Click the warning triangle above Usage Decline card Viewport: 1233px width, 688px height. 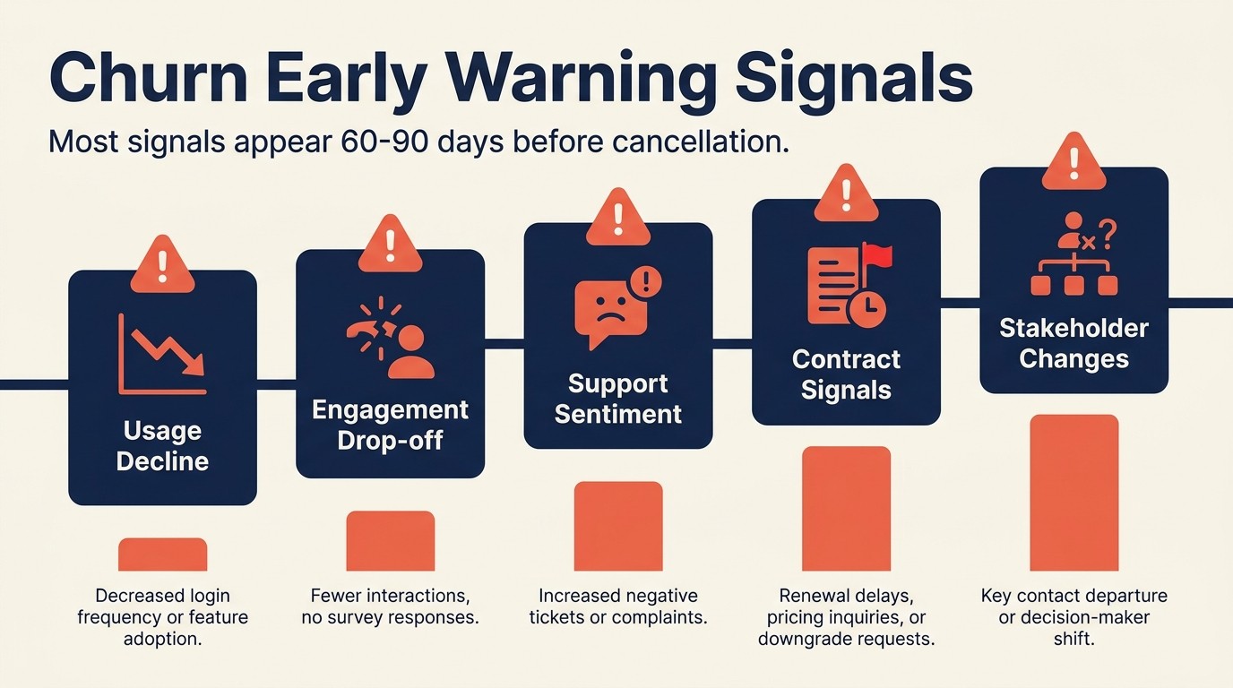[x=162, y=265]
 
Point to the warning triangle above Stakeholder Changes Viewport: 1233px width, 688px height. [x=1073, y=163]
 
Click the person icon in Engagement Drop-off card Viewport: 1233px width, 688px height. [x=411, y=351]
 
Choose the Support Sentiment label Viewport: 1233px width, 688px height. [x=617, y=399]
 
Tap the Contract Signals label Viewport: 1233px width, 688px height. [x=846, y=374]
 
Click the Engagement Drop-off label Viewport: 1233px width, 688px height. [x=390, y=426]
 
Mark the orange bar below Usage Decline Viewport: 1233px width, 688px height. [x=162, y=555]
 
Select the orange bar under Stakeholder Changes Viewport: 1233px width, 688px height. [x=1073, y=493]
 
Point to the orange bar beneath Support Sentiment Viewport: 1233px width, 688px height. [x=617, y=526]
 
